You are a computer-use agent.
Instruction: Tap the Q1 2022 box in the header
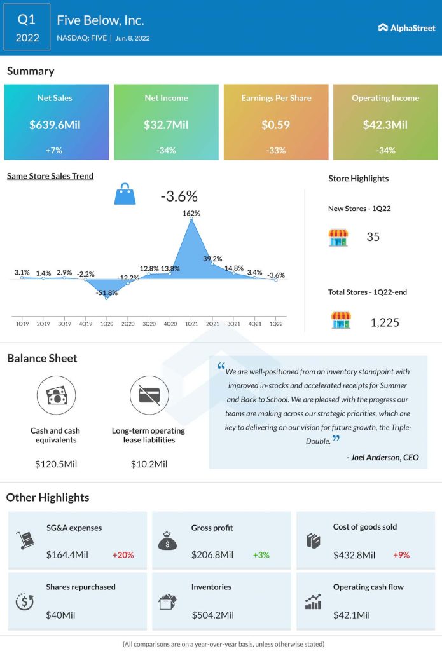[27, 28]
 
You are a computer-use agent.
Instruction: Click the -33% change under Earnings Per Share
[277, 151]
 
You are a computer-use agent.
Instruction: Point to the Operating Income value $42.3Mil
[385, 125]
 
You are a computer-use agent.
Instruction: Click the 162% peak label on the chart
[191, 214]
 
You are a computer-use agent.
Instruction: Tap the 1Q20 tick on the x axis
[106, 324]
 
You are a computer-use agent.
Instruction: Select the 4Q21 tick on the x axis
[254, 324]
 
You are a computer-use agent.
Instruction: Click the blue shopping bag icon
[125, 195]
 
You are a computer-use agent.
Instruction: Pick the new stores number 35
[373, 237]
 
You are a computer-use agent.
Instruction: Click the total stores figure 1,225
[385, 322]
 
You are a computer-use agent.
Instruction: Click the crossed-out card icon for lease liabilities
[149, 395]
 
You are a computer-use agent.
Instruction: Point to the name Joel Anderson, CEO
[383, 457]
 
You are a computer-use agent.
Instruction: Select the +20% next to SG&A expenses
[123, 555]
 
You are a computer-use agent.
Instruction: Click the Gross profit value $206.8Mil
[212, 555]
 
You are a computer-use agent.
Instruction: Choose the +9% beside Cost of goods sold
[401, 555]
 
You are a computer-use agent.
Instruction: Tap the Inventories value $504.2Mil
[212, 615]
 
